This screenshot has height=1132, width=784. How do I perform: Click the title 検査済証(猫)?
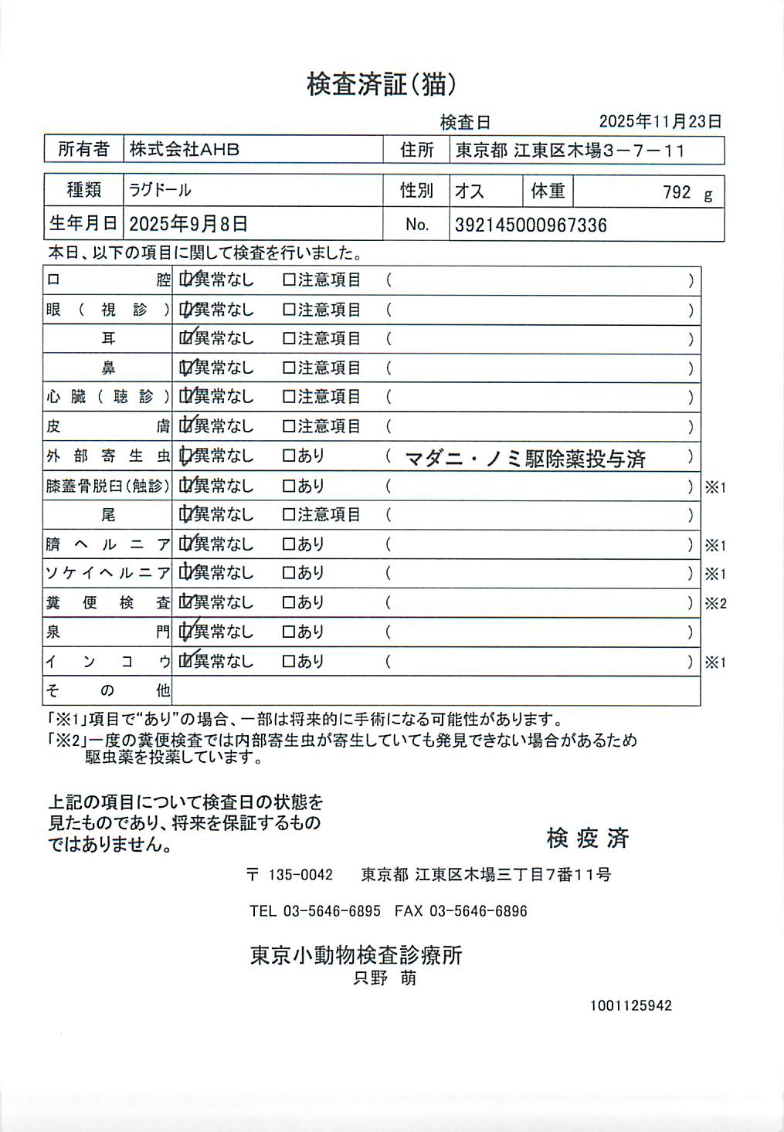tap(382, 84)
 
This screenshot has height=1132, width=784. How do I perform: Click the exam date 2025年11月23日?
tap(660, 121)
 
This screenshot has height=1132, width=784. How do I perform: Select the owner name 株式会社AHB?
tap(185, 150)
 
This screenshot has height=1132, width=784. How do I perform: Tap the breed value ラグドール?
tap(161, 190)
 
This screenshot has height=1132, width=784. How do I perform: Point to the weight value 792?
tap(677, 192)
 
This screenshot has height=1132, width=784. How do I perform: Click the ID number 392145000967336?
tap(531, 225)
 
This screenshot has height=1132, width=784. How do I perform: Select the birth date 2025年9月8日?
tap(188, 225)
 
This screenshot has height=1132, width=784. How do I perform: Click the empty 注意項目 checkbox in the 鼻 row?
tap(290, 368)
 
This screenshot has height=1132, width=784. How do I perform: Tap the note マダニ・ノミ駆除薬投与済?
tap(525, 459)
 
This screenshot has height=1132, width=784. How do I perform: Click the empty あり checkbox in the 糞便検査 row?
tap(290, 602)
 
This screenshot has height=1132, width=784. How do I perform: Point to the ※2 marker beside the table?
tap(715, 604)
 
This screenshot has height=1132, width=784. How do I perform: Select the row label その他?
tap(107, 690)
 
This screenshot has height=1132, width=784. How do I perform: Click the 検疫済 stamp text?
tap(588, 838)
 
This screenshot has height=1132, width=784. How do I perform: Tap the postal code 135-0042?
tap(300, 875)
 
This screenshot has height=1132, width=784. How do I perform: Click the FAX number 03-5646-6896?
tap(478, 911)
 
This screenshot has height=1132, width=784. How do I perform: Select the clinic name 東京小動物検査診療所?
tap(356, 955)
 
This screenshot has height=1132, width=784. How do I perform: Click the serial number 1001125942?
tap(631, 1005)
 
